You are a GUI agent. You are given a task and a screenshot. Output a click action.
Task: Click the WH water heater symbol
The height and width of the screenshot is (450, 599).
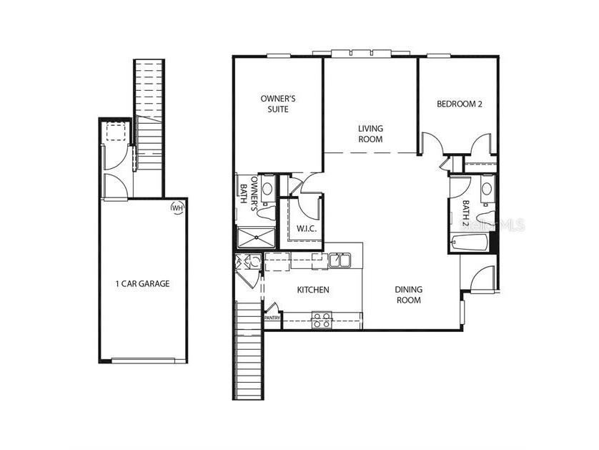click(x=177, y=207)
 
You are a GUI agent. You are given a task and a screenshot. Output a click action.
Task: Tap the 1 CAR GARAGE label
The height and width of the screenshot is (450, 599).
click(x=143, y=284)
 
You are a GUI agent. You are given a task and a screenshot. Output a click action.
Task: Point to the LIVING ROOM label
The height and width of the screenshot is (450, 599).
click(x=370, y=134)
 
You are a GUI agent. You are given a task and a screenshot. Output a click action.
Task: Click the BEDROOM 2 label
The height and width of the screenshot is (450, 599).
click(x=460, y=104)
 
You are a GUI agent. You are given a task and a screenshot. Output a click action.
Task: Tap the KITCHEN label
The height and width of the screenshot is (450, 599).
click(x=313, y=290)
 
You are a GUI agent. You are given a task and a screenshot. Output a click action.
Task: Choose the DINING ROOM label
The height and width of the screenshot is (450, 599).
click(x=409, y=295)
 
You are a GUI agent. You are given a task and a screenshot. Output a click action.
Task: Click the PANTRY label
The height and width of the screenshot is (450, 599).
click(x=272, y=317)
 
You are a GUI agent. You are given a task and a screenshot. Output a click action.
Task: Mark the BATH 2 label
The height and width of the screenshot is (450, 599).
click(x=465, y=212)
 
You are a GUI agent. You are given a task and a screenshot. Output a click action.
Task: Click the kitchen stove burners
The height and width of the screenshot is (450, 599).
click(x=321, y=320)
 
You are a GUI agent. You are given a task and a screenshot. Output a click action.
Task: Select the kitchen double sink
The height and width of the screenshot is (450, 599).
click(x=340, y=261)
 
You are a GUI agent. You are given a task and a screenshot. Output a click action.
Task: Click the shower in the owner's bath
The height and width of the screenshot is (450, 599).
click(x=255, y=238)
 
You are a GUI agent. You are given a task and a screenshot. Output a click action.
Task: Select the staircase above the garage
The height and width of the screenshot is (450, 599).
click(x=149, y=107)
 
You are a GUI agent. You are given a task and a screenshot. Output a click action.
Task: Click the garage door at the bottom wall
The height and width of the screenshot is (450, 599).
click(x=143, y=361)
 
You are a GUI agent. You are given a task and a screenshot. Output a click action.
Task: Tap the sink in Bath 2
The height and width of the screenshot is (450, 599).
click(x=486, y=189)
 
